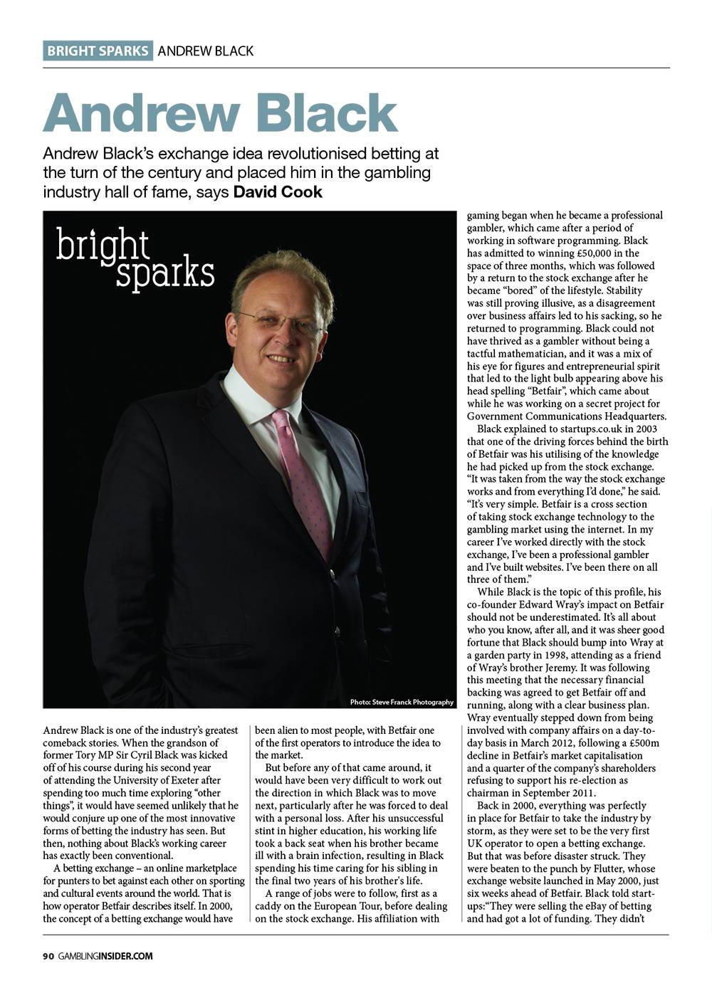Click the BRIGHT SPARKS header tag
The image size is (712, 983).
click(98, 51)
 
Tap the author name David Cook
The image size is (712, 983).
click(278, 192)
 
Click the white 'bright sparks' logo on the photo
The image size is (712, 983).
click(135, 259)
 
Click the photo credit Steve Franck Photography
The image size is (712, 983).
click(402, 702)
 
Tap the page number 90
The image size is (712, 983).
click(48, 956)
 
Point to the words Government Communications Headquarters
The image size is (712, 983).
click(567, 416)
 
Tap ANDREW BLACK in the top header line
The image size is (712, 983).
click(205, 51)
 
